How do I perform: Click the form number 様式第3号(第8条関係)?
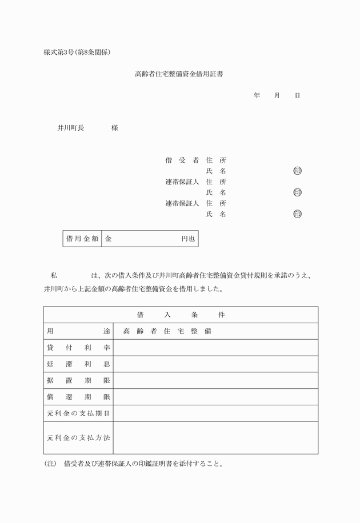pyautogui.click(x=77, y=53)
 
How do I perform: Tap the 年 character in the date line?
pyautogui.click(x=257, y=95)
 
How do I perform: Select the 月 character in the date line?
pyautogui.click(x=277, y=95)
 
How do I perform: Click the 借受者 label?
pyautogui.click(x=181, y=160)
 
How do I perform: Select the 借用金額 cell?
pyautogui.click(x=82, y=239)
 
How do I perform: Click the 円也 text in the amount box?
pyautogui.click(x=188, y=239)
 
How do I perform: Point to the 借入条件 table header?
pyautogui.click(x=181, y=315)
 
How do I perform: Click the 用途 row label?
pyautogui.click(x=78, y=331)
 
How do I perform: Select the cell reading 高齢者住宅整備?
pyautogui.click(x=167, y=331)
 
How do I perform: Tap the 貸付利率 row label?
pyautogui.click(x=78, y=347)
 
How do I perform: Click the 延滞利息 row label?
pyautogui.click(x=78, y=364)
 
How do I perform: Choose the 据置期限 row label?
pyautogui.click(x=78, y=380)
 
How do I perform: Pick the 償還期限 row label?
pyautogui.click(x=78, y=397)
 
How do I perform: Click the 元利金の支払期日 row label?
pyautogui.click(x=78, y=413)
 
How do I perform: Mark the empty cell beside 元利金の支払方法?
pyautogui.click(x=215, y=437)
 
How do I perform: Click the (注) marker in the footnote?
pyautogui.click(x=50, y=464)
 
